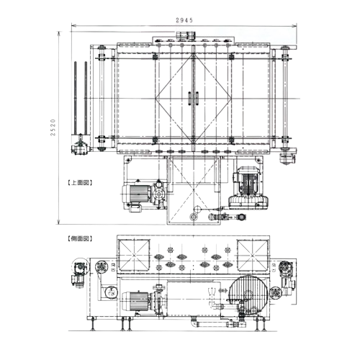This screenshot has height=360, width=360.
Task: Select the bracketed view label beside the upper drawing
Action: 79,183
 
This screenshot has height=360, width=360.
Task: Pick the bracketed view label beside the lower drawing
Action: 79,237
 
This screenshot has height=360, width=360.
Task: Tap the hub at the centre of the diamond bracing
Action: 192,97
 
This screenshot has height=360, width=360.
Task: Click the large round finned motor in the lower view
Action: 248,294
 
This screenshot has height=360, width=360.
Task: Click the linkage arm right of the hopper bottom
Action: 225,216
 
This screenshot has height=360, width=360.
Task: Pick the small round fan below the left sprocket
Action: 109,292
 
